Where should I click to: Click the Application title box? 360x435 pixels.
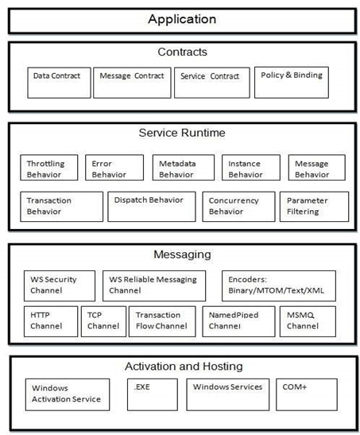pyautogui.click(x=182, y=18)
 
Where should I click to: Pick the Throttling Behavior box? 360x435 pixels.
pyautogui.click(x=48, y=169)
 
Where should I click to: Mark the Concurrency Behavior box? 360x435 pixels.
pyautogui.click(x=238, y=206)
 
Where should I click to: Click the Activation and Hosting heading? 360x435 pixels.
pyautogui.click(x=183, y=367)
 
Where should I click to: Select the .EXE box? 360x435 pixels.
pyautogui.click(x=153, y=394)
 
